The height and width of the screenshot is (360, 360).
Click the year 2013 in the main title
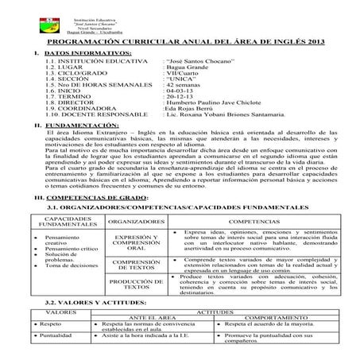(311, 40)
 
